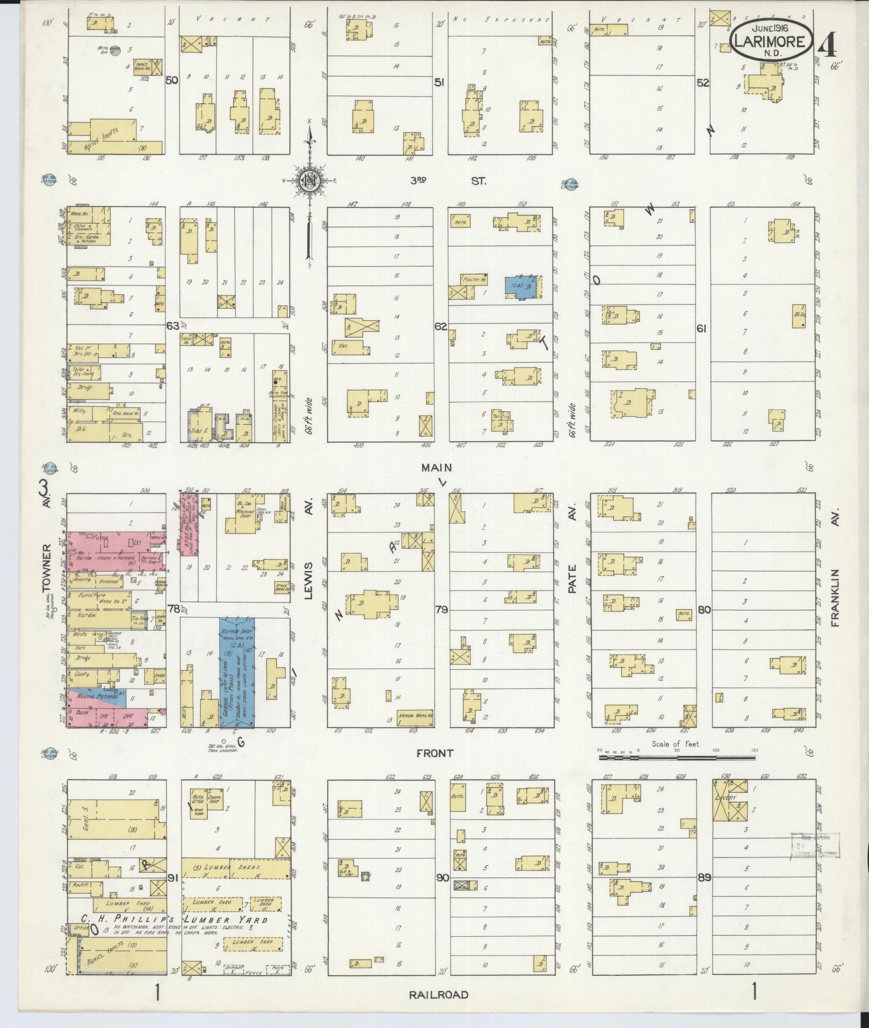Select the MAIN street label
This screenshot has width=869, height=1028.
[437, 467]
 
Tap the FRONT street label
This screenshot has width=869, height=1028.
[436, 753]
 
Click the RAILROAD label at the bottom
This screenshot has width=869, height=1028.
[439, 994]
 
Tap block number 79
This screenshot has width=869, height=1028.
[441, 609]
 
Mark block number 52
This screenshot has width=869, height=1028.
[702, 83]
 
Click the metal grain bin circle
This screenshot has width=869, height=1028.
[119, 51]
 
